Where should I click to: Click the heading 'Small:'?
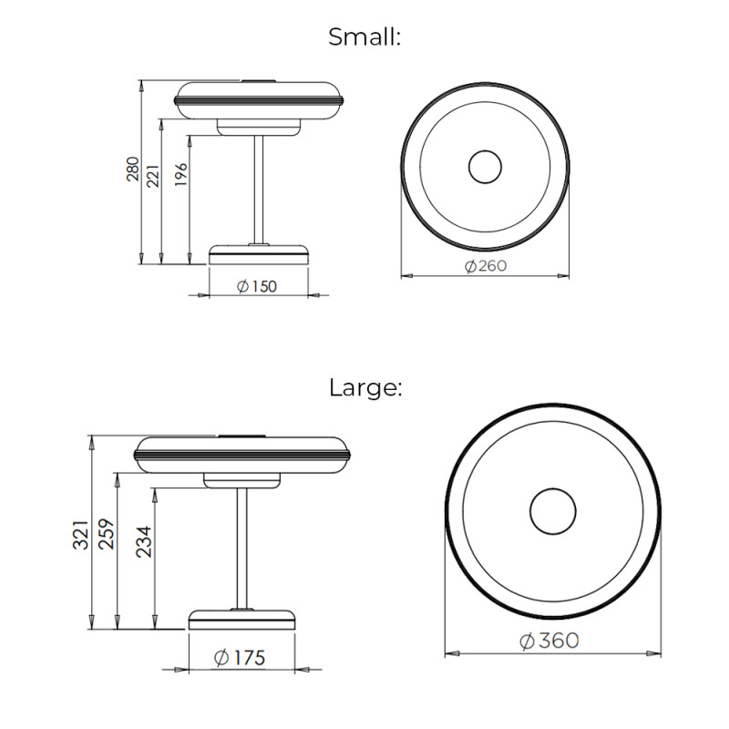364,37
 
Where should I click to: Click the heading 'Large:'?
364,387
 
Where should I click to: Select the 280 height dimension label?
133,169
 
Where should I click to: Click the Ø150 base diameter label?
257,286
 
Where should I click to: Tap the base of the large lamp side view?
242,619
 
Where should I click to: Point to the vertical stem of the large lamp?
242,547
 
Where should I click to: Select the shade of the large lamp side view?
242,453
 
